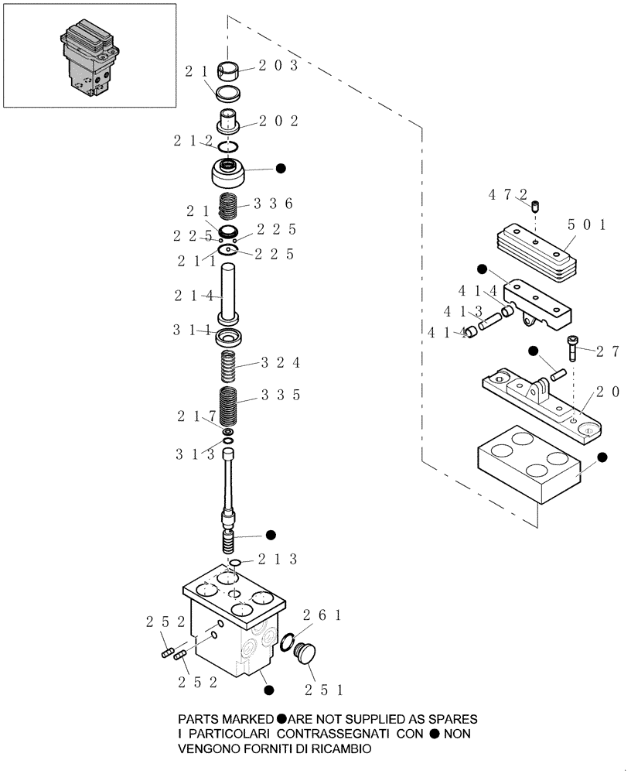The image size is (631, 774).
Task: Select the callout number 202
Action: click(x=278, y=121)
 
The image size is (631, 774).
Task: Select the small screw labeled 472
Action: click(x=534, y=206)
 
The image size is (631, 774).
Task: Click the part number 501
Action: click(x=587, y=225)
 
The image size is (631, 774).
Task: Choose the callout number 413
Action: click(x=461, y=312)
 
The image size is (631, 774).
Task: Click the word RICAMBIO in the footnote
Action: click(x=336, y=748)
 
